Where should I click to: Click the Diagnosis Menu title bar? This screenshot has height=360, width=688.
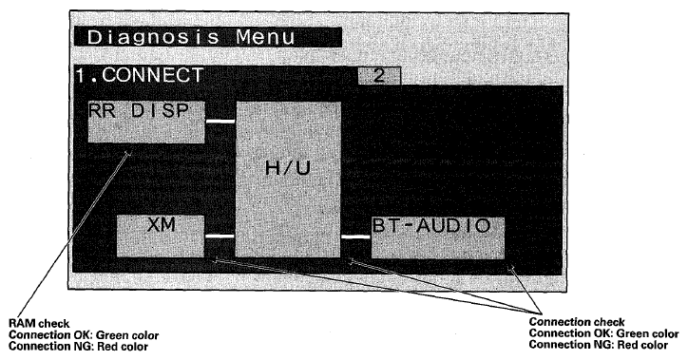pos(208,37)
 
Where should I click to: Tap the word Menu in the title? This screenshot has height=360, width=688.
pos(265,37)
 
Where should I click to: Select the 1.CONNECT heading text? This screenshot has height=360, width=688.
pos(140,75)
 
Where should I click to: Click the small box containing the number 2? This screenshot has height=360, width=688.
pos(379,76)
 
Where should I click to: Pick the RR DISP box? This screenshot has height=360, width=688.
pos(146,122)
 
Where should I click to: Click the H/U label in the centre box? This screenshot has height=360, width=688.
pos(288,168)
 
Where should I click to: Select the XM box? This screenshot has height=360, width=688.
pos(161,236)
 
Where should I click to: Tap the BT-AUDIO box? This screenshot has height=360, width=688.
pos(438,237)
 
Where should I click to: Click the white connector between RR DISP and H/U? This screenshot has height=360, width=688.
pos(220,121)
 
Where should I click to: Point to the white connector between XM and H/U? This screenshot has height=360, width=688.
pos(220,236)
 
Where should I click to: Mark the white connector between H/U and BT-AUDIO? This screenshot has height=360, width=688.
pos(356,237)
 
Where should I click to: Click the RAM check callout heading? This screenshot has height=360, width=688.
pos(39,324)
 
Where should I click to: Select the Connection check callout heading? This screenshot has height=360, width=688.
pos(577,322)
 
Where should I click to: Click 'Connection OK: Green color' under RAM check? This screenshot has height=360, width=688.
pos(84,335)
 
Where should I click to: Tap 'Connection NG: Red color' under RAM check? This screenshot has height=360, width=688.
pos(79,347)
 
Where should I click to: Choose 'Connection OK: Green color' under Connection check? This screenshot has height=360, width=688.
pos(603,333)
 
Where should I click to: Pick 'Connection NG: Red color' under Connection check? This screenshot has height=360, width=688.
pos(599,345)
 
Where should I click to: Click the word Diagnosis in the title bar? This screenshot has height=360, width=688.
pos(153,37)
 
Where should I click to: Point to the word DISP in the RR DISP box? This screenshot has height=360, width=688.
pos(160,110)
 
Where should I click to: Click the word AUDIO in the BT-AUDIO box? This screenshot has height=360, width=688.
pos(453,226)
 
